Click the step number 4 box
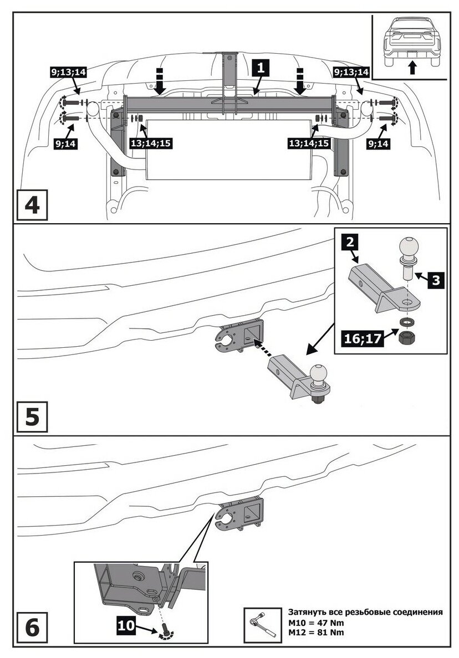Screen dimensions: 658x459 tap(32, 205)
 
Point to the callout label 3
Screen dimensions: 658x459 tap(436, 280)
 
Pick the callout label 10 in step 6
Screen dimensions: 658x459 tap(126, 625)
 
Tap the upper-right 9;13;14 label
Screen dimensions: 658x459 tap(351, 72)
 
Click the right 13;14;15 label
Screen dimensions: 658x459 tap(308, 143)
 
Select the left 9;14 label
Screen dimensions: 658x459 tap(66, 143)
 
